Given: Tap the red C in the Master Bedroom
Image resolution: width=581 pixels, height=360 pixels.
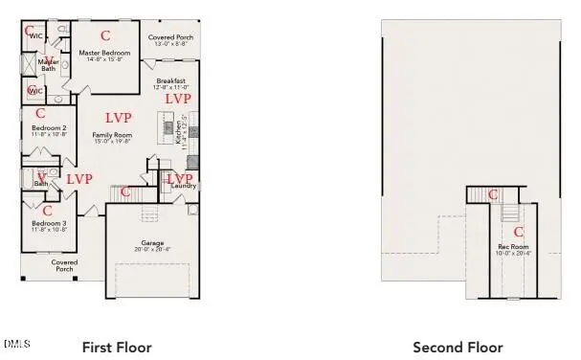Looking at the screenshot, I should tap(105, 35).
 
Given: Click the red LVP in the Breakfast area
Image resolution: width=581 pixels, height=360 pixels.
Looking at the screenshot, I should tap(178, 99).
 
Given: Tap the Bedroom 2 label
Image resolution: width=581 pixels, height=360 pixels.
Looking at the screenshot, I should tap(49, 127).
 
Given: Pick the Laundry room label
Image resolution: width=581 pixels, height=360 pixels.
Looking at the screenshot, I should tap(185, 185).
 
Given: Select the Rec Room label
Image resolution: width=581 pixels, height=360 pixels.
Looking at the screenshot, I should tap(513, 247).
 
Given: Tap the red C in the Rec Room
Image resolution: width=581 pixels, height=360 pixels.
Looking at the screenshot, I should tap(519, 232).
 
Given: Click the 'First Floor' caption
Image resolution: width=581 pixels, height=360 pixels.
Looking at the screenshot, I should tap(117, 347).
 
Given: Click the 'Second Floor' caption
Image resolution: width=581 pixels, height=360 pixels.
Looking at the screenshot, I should tap(458, 347).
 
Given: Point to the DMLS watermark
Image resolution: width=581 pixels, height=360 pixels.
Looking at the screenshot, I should tap(16, 342).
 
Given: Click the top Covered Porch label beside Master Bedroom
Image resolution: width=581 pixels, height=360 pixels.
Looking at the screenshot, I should tap(170, 40).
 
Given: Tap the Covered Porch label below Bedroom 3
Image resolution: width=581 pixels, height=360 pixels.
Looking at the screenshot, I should tap(64, 265).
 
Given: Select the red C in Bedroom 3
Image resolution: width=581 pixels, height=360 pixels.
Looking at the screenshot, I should tap(48, 210).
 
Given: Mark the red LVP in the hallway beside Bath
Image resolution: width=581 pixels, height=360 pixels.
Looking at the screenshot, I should tap(79, 178).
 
